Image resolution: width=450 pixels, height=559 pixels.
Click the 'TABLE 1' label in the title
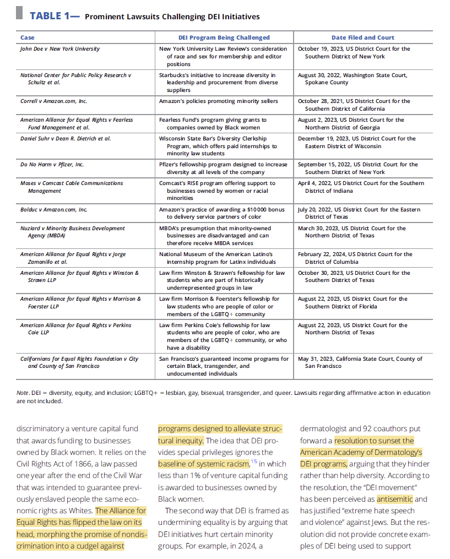click(49, 16)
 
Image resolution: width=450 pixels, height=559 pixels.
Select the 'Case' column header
click(27, 37)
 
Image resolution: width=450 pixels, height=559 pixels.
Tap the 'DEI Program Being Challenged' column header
click(224, 37)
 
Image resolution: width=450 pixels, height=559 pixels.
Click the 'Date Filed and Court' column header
click(362, 37)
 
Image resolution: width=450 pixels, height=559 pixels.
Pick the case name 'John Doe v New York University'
click(60, 49)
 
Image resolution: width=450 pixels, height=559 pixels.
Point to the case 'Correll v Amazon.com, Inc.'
click(53, 101)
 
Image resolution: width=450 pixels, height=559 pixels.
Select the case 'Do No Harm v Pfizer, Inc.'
click(52, 165)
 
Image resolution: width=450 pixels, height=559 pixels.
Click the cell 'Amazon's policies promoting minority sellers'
click(219, 101)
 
